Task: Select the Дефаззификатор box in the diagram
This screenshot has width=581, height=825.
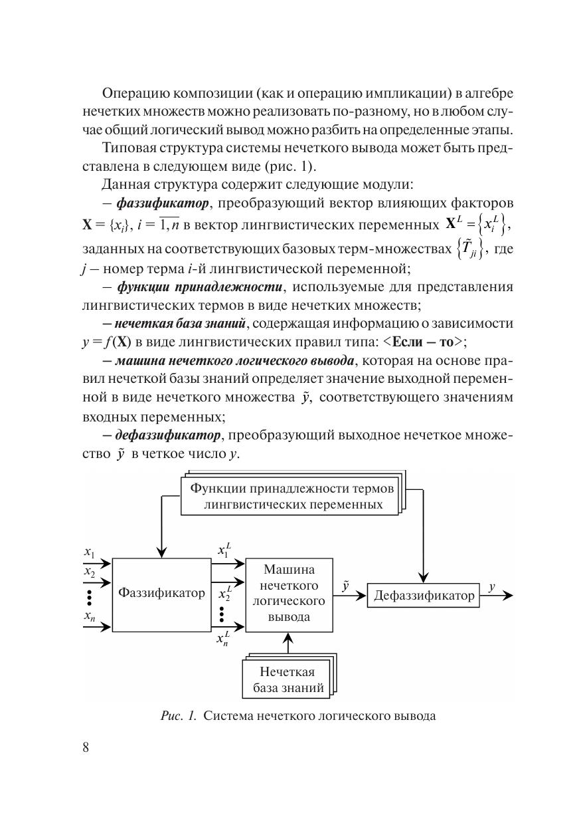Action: [x=424, y=596]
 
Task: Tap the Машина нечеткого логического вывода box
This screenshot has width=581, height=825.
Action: [x=289, y=593]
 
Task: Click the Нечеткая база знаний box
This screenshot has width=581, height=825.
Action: [x=289, y=679]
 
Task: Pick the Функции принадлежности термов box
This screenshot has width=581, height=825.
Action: [x=291, y=496]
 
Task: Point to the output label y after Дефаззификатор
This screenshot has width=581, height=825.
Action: [x=492, y=586]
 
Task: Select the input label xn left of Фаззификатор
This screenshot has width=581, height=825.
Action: [x=90, y=616]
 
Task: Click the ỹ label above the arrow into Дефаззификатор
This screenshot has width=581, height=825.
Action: [x=346, y=586]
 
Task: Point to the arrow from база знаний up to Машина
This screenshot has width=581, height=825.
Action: [x=288, y=644]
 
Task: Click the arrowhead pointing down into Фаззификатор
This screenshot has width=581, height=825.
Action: [x=161, y=552]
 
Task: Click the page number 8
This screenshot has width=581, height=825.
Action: [x=86, y=746]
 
